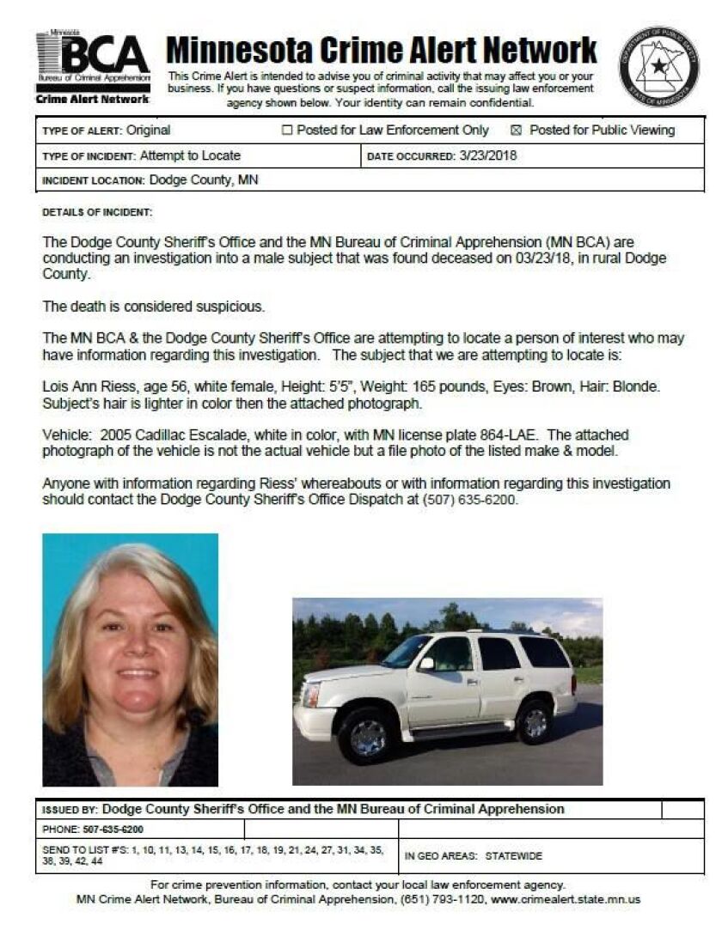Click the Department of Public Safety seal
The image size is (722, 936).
(659, 66)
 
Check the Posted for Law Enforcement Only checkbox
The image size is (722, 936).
(288, 131)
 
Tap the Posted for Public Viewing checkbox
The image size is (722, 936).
(517, 131)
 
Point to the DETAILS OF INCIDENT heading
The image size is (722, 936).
(97, 211)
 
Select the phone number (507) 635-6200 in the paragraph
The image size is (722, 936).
(471, 500)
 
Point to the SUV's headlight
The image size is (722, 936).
(311, 693)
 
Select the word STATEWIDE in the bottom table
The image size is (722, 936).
(514, 856)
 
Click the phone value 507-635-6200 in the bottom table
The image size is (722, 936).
(114, 830)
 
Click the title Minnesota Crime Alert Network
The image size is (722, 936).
(381, 51)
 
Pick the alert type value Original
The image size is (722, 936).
(148, 131)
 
